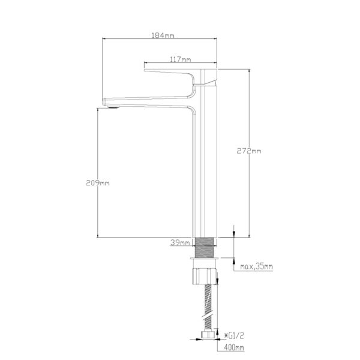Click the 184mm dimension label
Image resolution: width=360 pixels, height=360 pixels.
[x=163, y=35]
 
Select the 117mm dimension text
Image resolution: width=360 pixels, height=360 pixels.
[x=181, y=59]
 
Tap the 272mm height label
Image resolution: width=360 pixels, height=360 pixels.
[x=249, y=151]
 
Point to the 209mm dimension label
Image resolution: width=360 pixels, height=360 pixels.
[x=98, y=183]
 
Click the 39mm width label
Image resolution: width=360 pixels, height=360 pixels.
[x=180, y=242]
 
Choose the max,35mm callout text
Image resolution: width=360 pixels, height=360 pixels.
[x=256, y=266]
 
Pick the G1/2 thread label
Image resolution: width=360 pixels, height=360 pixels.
[x=234, y=336]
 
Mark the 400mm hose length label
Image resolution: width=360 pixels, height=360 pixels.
[x=234, y=347]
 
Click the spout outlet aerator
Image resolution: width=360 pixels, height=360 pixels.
[x=113, y=107]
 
